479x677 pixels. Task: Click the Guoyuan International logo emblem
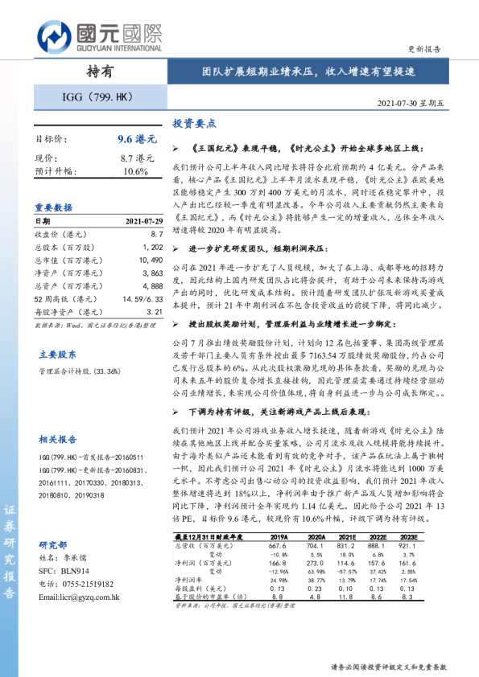(53, 36)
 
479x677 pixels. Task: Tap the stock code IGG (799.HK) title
(97, 99)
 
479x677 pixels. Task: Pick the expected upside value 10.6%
(136, 171)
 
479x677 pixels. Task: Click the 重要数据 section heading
(52, 207)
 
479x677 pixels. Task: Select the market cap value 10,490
(151, 261)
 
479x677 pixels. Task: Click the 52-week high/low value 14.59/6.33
(143, 299)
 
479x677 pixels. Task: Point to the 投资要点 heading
(193, 124)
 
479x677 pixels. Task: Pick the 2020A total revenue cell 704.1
(316, 546)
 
